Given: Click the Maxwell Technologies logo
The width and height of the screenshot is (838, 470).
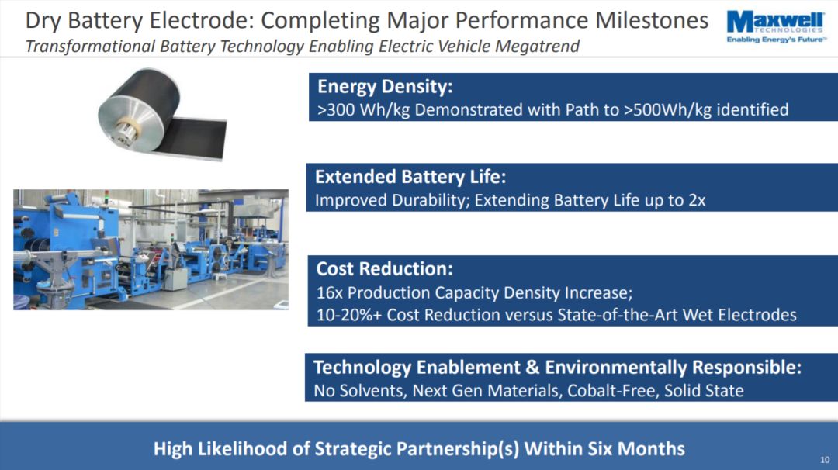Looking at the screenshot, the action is (x=776, y=27).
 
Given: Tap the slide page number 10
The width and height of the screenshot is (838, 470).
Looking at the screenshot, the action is (x=825, y=460).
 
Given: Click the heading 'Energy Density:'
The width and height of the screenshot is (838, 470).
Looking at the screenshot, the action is (x=385, y=87).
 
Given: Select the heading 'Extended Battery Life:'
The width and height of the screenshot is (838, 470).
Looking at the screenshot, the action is (x=410, y=177).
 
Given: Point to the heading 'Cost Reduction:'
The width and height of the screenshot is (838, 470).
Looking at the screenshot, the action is (x=384, y=268).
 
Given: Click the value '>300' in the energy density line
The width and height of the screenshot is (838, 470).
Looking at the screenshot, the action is (x=336, y=110).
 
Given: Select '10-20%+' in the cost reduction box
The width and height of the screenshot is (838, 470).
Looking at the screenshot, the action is (x=349, y=315).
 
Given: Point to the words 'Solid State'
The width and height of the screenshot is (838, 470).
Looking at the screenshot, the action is (x=704, y=391).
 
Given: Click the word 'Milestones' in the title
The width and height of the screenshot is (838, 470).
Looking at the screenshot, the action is (x=652, y=21).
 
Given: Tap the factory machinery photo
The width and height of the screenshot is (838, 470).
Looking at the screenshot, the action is (x=151, y=250).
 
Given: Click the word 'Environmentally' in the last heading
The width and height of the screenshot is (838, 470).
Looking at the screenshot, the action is (x=615, y=368).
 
